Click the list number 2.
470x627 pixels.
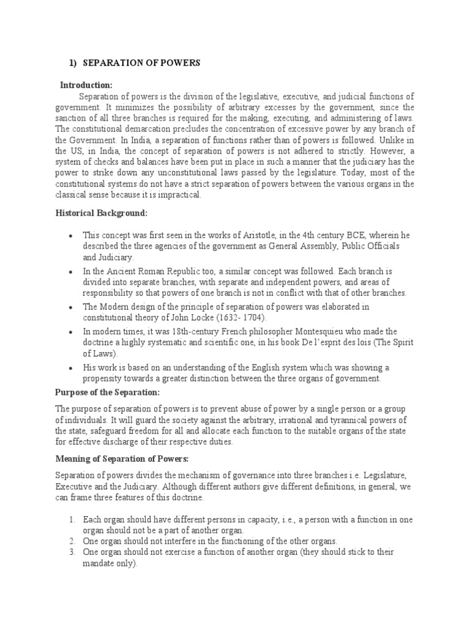[x=72, y=541]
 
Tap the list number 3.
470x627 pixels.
[x=72, y=552]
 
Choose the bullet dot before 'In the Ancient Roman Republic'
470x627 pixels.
[x=72, y=271]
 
